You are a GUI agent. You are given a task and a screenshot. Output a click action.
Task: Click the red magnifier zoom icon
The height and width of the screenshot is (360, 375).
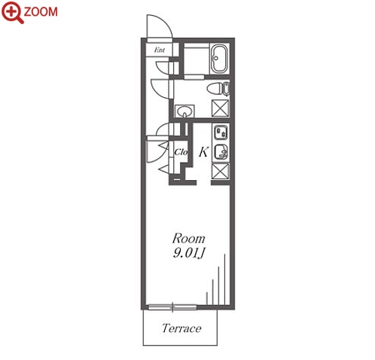tap(12, 12)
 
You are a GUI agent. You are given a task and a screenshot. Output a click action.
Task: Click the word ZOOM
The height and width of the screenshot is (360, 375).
tap(41, 12)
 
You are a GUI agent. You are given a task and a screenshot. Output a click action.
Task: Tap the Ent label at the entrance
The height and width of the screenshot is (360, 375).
tap(160, 50)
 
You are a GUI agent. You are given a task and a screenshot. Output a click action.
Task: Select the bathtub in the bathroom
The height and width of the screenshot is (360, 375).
tap(220, 59)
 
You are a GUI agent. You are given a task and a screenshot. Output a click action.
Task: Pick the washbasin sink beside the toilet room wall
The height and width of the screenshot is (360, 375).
tap(184, 111)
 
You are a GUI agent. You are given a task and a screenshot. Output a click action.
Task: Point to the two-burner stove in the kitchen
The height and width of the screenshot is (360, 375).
tap(221, 133)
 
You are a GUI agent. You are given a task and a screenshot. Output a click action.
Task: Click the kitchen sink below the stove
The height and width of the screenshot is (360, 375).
tap(221, 151)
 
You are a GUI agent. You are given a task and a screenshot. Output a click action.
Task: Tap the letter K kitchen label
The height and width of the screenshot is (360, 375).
tap(203, 151)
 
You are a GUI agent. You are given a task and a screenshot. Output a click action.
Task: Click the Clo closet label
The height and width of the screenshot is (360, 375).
tap(181, 152)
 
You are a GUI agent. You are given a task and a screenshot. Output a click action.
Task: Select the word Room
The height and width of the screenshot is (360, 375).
tap(188, 238)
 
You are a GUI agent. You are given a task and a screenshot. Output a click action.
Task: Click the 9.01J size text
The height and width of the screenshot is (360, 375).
tap(189, 253)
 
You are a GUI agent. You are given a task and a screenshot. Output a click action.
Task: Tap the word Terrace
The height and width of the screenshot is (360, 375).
tap(181, 328)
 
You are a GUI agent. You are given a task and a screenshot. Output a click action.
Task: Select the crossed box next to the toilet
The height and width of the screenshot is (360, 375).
tap(221, 108)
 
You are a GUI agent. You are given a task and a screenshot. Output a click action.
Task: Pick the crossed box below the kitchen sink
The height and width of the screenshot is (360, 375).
tap(221, 171)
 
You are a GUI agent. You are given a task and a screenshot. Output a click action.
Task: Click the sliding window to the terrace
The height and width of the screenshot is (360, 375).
tap(172, 307)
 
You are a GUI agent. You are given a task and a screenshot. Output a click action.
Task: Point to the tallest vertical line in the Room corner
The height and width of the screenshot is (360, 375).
tap(224, 279)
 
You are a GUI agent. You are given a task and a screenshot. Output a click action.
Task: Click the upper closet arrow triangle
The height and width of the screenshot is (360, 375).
tap(163, 145)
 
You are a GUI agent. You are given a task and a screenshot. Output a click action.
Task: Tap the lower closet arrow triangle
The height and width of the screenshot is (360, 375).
tap(163, 169)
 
